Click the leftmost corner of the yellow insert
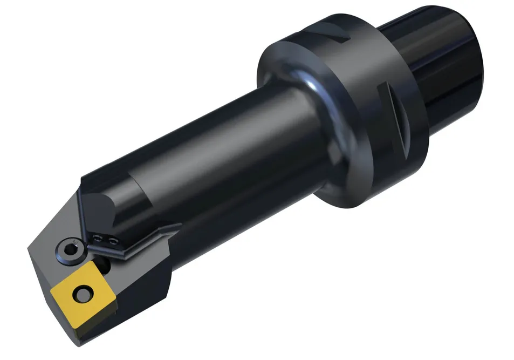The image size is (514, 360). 51,292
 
